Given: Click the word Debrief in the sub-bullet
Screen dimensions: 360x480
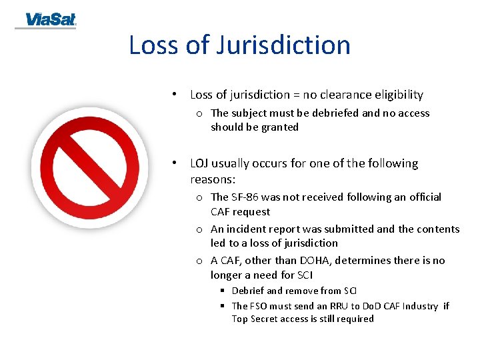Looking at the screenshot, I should pyautogui.click(x=248, y=291).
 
